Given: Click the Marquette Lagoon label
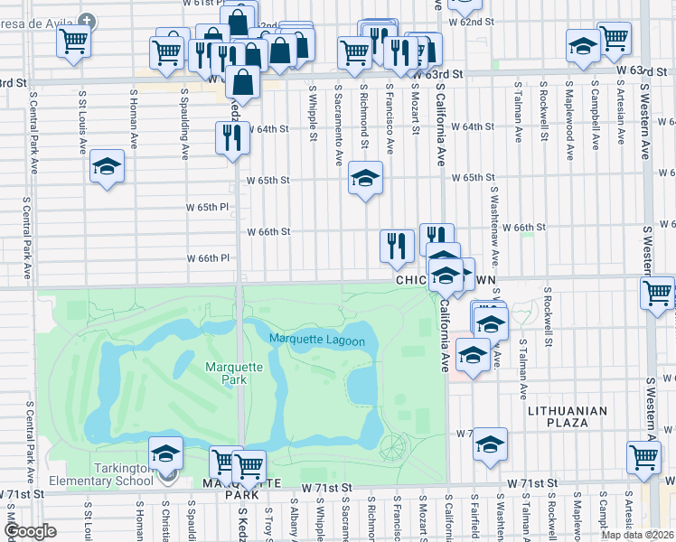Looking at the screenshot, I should pyautogui.click(x=316, y=341).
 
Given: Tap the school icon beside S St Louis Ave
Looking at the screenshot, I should pyautogui.click(x=107, y=166).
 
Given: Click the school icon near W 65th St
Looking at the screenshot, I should pyautogui.click(x=365, y=178).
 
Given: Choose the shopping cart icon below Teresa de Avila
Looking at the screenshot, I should pyautogui.click(x=73, y=40).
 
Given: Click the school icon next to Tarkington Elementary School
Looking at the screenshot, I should pyautogui.click(x=166, y=453).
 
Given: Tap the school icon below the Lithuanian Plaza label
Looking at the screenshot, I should pyautogui.click(x=491, y=444).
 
